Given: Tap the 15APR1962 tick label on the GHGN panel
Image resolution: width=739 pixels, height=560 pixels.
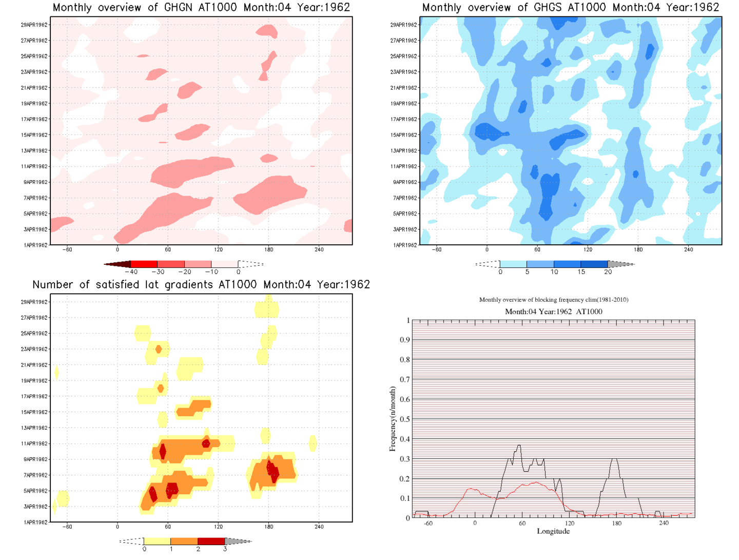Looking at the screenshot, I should pyautogui.click(x=34, y=135).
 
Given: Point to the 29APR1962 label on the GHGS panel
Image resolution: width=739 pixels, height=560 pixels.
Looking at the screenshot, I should pyautogui.click(x=404, y=25).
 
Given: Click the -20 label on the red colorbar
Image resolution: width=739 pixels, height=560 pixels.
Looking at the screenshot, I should pyautogui.click(x=185, y=272).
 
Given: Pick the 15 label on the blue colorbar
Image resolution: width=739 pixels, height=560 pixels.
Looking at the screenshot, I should pyautogui.click(x=581, y=272).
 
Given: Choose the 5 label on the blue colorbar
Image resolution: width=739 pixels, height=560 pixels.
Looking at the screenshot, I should pyautogui.click(x=527, y=272).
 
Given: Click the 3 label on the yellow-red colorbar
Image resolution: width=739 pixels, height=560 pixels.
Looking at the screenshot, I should pyautogui.click(x=225, y=549).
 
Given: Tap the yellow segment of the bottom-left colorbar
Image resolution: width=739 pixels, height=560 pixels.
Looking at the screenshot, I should pyautogui.click(x=157, y=541).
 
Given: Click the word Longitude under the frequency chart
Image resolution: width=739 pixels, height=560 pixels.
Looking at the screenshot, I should pyautogui.click(x=553, y=531).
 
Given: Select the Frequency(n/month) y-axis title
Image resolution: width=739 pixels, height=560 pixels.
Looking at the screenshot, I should pyautogui.click(x=393, y=419).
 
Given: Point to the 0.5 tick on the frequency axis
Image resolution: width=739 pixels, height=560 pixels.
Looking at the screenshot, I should pyautogui.click(x=405, y=419).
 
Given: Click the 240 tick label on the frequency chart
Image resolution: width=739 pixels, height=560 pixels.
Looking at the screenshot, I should pyautogui.click(x=664, y=523).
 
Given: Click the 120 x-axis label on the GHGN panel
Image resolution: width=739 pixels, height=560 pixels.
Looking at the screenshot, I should pyautogui.click(x=219, y=249).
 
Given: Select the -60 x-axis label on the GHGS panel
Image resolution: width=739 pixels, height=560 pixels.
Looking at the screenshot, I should pyautogui.click(x=436, y=249).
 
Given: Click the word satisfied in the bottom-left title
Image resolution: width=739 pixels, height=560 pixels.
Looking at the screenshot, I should pyautogui.click(x=110, y=285).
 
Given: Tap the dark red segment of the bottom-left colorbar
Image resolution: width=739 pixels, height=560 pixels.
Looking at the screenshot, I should pyautogui.click(x=211, y=541).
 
